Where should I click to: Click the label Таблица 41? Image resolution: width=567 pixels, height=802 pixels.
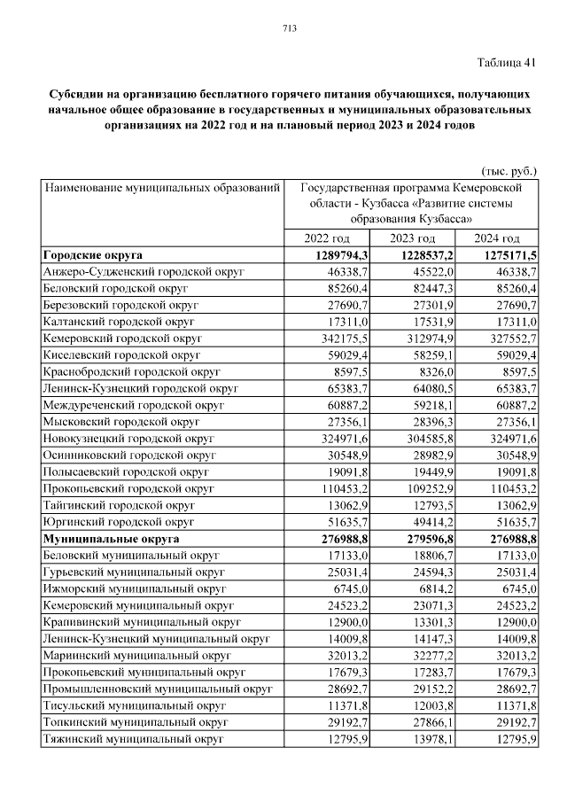[507, 62]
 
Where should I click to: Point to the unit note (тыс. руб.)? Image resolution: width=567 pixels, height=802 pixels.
[509, 170]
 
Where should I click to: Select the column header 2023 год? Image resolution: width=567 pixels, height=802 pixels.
[412, 238]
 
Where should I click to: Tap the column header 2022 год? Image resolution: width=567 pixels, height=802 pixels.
[327, 238]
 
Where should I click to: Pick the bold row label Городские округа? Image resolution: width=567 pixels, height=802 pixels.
[93, 254]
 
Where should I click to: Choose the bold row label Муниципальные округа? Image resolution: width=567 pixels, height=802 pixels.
[112, 539]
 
